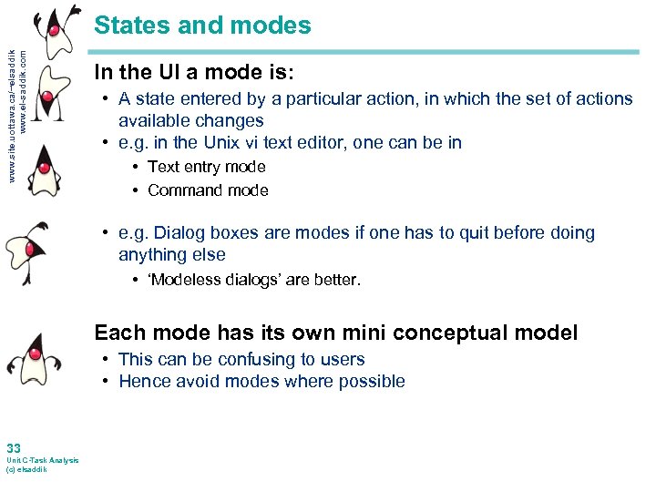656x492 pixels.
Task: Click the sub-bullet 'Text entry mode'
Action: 206,167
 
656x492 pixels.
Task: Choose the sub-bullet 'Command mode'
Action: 208,190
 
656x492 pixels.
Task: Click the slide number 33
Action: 14,448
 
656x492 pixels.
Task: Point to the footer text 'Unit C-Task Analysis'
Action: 42,460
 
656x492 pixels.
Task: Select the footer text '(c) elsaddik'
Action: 26,469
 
